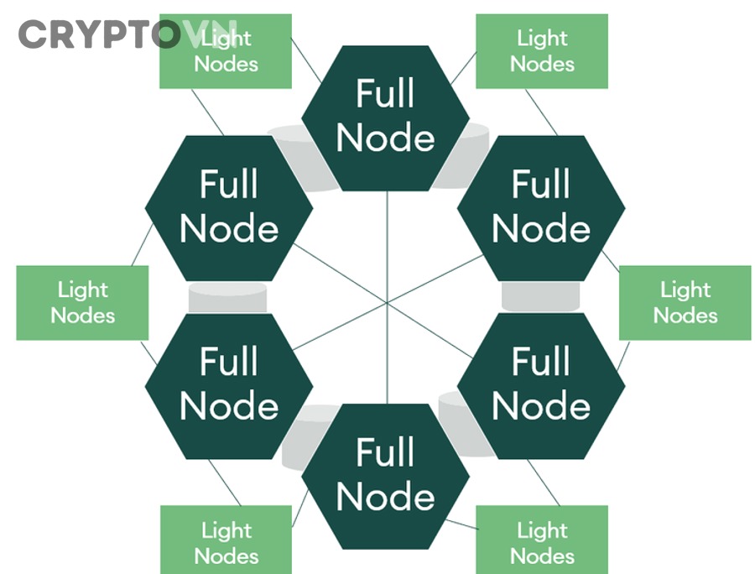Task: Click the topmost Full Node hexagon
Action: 385,117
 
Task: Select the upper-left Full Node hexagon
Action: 229,207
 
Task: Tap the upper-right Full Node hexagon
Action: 541,207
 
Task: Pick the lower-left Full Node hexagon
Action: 229,385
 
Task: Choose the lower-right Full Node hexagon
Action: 541,385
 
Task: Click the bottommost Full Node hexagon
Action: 385,475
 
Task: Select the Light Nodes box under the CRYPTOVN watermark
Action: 226,51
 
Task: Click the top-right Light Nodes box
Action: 541,51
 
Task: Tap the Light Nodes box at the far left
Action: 82,303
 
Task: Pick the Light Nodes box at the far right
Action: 685,303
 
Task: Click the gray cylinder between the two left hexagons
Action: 227,297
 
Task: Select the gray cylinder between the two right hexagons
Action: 541,296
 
